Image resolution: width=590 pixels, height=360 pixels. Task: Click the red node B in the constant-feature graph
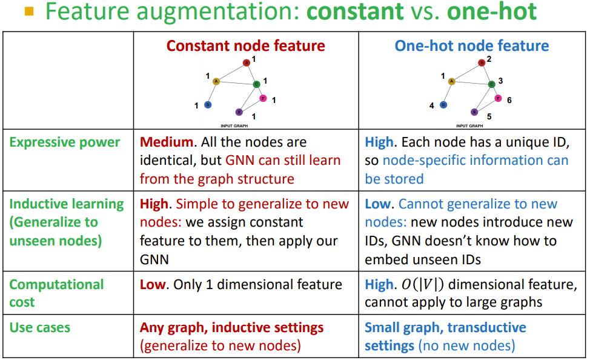(x=247, y=62)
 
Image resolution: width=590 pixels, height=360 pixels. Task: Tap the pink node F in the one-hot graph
(x=498, y=98)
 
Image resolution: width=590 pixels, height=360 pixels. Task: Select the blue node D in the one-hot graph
(x=443, y=105)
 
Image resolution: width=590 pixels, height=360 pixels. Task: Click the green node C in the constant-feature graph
(x=256, y=84)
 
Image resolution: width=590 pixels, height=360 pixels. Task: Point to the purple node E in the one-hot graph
(x=474, y=112)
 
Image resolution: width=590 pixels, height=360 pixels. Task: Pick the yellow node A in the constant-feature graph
(x=216, y=81)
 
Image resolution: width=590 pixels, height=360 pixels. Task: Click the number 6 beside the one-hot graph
(x=509, y=100)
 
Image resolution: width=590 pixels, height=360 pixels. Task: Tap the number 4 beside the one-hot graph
(x=432, y=105)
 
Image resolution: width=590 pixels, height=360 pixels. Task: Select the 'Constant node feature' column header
(x=245, y=46)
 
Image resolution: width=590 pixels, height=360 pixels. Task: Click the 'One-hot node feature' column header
(x=472, y=46)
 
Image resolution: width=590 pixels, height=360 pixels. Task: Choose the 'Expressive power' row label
(x=65, y=142)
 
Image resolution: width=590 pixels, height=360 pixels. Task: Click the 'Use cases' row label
(x=40, y=328)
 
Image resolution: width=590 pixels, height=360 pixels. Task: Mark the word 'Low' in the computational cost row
(x=153, y=284)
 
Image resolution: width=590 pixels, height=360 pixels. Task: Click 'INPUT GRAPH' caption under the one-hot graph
(x=470, y=126)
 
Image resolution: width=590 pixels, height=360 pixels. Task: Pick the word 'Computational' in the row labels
(x=56, y=284)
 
